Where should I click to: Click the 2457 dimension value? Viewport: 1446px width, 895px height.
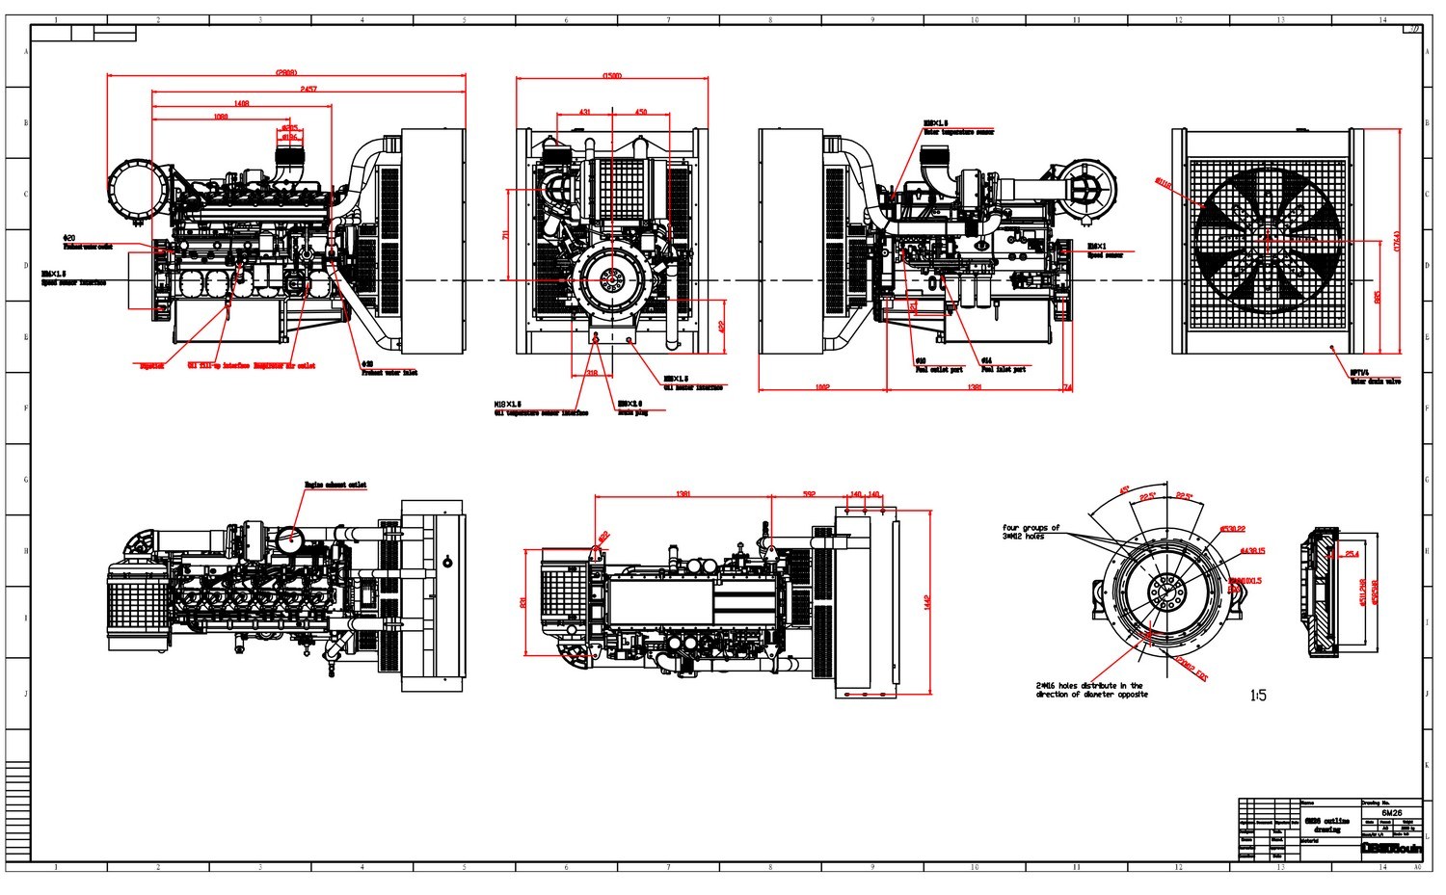[308, 89]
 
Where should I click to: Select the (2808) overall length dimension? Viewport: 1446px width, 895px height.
[286, 71]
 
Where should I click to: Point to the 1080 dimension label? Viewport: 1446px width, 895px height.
[221, 117]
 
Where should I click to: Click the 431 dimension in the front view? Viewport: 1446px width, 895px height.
[584, 112]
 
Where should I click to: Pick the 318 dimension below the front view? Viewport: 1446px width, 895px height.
[592, 372]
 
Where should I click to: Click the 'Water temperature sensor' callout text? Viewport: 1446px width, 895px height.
[959, 133]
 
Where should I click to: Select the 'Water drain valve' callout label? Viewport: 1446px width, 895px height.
[1376, 382]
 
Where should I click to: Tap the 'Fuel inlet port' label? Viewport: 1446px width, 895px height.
[1004, 369]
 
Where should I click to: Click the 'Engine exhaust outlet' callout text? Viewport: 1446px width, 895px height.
[335, 485]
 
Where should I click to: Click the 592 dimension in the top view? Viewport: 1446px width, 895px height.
[809, 494]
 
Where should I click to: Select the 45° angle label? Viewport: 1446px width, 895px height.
[1124, 490]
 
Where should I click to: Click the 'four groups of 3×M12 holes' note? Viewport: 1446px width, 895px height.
[1031, 532]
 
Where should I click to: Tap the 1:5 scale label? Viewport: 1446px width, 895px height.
[1258, 695]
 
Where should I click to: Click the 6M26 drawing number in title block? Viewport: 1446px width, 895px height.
[1390, 811]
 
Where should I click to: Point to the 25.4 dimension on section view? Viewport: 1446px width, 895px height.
[1352, 554]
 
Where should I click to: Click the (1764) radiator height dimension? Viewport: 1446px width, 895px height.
[1398, 241]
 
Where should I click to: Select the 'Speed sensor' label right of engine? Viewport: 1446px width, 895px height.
[1105, 256]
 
